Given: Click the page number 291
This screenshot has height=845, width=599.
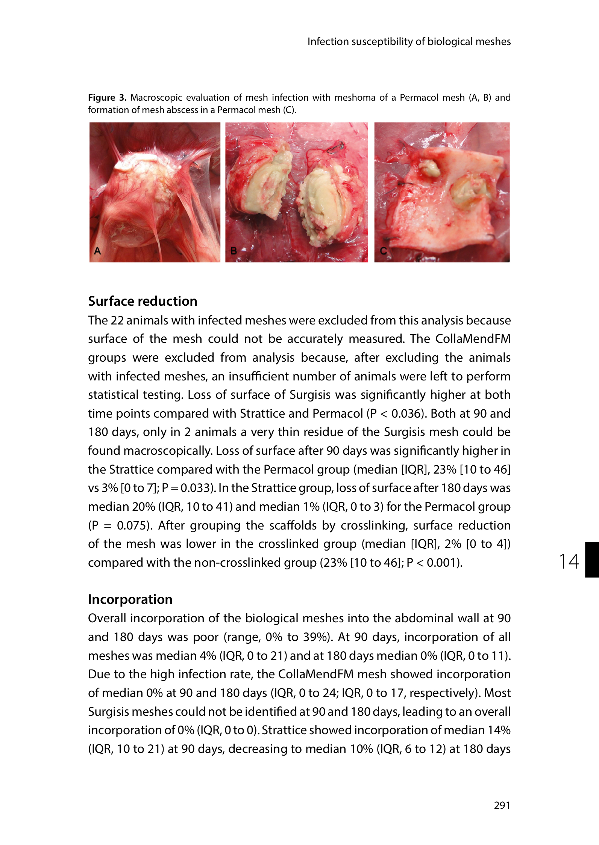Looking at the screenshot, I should pos(502,805).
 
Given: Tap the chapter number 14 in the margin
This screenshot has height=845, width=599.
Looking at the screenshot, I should pos(569,562).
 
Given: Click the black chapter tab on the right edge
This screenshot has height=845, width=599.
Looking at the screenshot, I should pos(592,559).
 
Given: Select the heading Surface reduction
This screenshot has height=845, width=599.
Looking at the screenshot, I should pos(143,301).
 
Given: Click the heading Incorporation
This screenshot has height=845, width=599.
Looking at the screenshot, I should pos(130,599).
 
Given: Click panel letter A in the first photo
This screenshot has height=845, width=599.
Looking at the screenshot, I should pos(97,250).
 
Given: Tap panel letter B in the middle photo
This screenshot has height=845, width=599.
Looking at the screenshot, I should pos(234,250).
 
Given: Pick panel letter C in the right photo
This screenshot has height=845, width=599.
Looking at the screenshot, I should pos(383,250).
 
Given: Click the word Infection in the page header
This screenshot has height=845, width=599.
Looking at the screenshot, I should pos(328,41).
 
